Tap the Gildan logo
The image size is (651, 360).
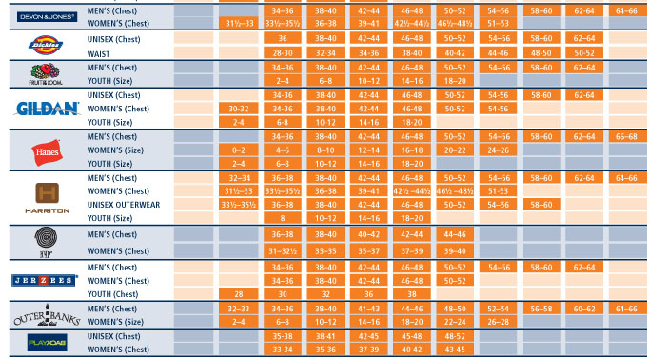point(41,109)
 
